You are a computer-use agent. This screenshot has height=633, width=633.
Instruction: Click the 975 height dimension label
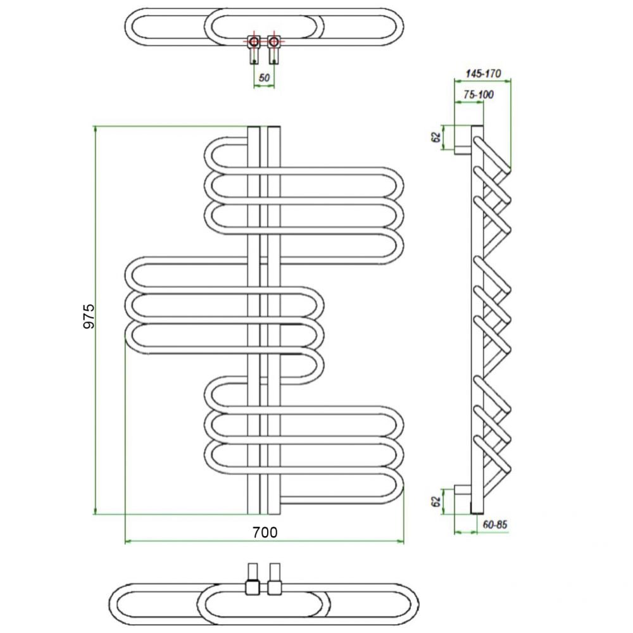[x=89, y=316]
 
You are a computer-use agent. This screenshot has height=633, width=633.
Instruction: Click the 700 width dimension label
[x=265, y=532]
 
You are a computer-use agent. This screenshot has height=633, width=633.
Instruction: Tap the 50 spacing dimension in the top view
[x=264, y=77]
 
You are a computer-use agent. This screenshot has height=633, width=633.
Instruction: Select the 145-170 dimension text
[x=483, y=73]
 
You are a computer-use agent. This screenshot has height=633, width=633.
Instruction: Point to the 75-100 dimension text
[x=479, y=94]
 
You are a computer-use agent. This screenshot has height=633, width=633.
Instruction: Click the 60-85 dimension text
[x=495, y=524]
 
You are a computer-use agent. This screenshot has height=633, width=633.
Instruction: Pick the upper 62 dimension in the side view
[x=436, y=137]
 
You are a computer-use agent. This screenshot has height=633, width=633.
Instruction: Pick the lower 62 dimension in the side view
[x=436, y=502]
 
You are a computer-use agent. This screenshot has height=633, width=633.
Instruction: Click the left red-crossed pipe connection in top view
[x=254, y=42]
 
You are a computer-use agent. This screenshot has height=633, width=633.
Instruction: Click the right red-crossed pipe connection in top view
[x=273, y=42]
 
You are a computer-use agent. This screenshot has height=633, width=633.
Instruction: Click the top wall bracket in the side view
[x=463, y=140]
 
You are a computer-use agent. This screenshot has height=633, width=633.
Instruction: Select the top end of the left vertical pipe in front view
[x=254, y=127]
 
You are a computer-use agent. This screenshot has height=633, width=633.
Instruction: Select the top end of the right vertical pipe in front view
[x=273, y=127]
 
